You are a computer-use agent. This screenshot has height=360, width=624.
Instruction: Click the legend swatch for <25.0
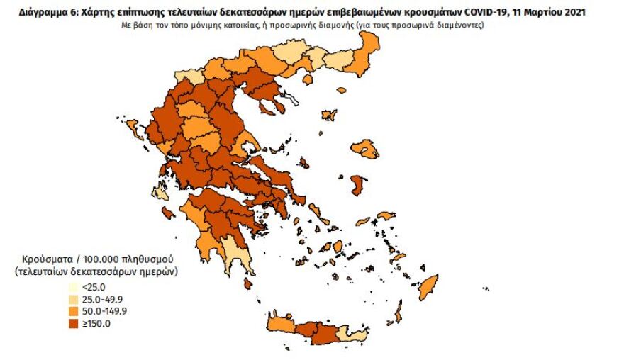73,288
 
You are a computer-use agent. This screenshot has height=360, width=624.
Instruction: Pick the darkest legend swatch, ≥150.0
73,324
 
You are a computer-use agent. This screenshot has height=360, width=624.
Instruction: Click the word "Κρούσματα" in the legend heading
45,259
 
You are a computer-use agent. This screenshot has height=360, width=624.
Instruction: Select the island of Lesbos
365,148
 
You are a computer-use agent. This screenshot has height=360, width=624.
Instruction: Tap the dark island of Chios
359,186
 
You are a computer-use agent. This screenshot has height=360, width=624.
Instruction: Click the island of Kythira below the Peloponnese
248,283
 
